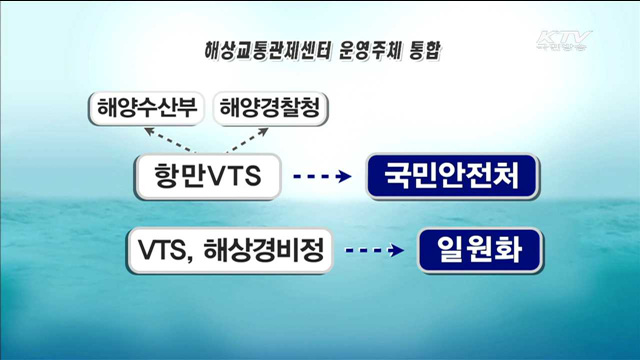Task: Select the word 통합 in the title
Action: pyautogui.click(x=426, y=48)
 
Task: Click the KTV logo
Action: pyautogui.click(x=565, y=40)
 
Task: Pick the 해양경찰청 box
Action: pyautogui.click(x=270, y=107)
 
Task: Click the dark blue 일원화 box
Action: pyautogui.click(x=480, y=252)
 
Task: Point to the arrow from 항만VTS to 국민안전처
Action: pyautogui.click(x=320, y=178)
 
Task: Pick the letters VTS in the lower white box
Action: pyautogui.click(x=164, y=252)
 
